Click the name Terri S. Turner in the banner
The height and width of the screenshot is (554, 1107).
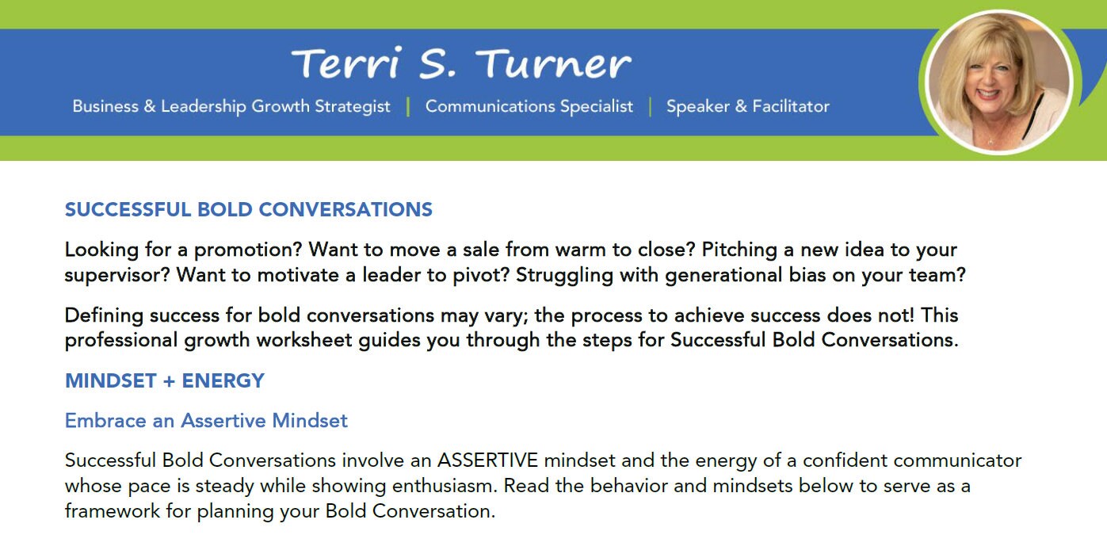pyautogui.click(x=461, y=63)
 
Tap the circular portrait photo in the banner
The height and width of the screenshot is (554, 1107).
pyautogui.click(x=997, y=82)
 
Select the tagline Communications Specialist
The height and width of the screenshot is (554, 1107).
pyautogui.click(x=529, y=106)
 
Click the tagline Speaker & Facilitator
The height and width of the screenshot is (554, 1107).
pyautogui.click(x=747, y=106)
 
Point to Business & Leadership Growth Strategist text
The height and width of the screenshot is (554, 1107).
pyautogui.click(x=231, y=106)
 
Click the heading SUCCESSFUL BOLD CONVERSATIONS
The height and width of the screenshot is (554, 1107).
pyautogui.click(x=249, y=210)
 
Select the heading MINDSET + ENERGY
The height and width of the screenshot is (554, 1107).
pyautogui.click(x=165, y=380)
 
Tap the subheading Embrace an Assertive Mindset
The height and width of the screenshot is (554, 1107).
pyautogui.click(x=206, y=420)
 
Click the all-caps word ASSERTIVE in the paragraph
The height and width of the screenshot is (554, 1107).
pyautogui.click(x=487, y=460)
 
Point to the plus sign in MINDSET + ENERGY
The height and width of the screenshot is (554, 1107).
pyautogui.click(x=168, y=381)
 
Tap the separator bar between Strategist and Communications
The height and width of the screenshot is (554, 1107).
pyautogui.click(x=408, y=106)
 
